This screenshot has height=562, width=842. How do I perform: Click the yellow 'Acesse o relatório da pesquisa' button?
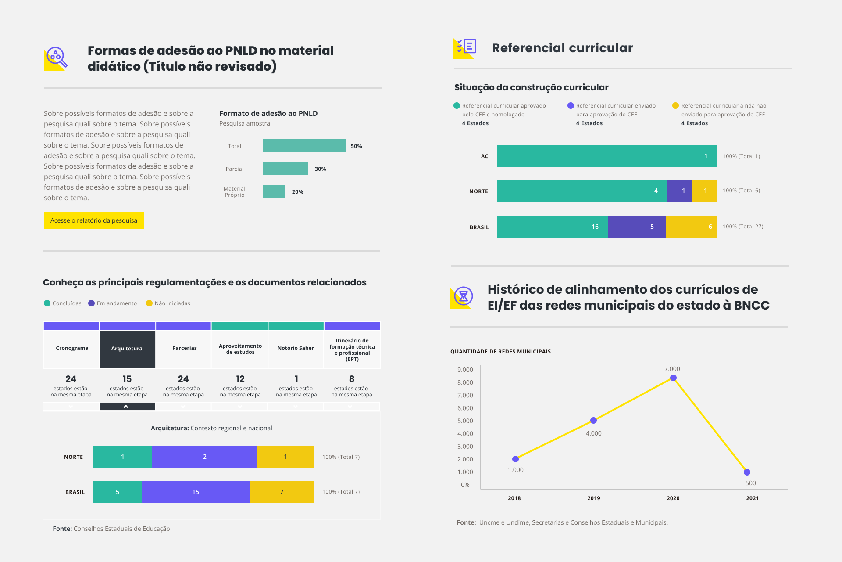pyautogui.click(x=93, y=220)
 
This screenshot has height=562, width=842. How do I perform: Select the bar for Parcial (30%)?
pyautogui.click(x=285, y=169)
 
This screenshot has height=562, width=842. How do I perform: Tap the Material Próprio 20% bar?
pyautogui.click(x=274, y=191)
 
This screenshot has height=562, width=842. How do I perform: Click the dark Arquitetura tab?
pyautogui.click(x=127, y=349)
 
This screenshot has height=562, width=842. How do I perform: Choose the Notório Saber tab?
pyautogui.click(x=296, y=348)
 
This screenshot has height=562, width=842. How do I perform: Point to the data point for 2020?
pyautogui.click(x=673, y=378)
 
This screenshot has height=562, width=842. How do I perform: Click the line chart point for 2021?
pyautogui.click(x=747, y=472)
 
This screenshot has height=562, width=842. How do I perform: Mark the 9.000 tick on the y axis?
pyautogui.click(x=465, y=370)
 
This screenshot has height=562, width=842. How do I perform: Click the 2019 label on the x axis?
pyautogui.click(x=593, y=498)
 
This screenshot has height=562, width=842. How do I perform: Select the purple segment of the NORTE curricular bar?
pyautogui.click(x=679, y=191)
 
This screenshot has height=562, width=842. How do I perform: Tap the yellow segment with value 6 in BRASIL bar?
pyautogui.click(x=691, y=227)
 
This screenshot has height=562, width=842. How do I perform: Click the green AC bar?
pyautogui.click(x=607, y=156)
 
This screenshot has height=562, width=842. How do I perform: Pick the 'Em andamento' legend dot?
pyautogui.click(x=91, y=303)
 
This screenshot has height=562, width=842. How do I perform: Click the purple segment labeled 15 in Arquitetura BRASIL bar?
pyautogui.click(x=196, y=492)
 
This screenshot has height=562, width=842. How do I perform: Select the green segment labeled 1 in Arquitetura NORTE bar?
pyautogui.click(x=122, y=457)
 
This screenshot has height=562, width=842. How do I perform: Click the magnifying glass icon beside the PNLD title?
pyautogui.click(x=56, y=58)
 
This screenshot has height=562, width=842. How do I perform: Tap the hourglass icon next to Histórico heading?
pyautogui.click(x=463, y=297)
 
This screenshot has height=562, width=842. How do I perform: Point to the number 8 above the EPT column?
pyautogui.click(x=352, y=379)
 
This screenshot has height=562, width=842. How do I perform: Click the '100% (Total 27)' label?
pyautogui.click(x=743, y=227)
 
